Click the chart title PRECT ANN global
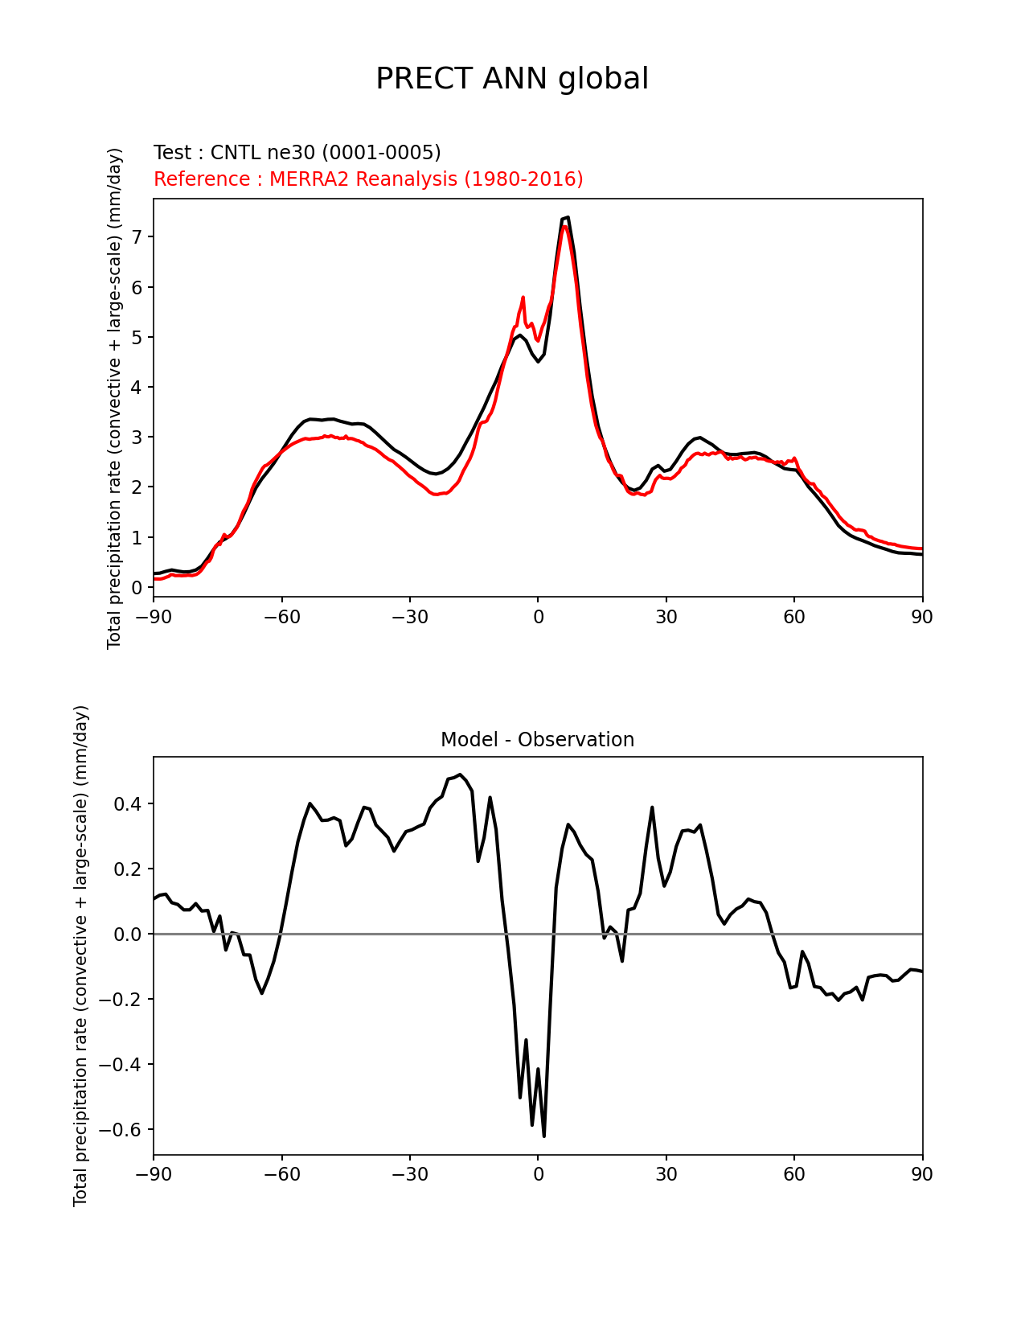[x=512, y=79]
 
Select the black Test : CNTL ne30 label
[x=297, y=153]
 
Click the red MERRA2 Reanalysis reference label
[x=368, y=179]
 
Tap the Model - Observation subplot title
[x=537, y=740]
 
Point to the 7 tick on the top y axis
[x=137, y=236]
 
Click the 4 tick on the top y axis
[x=137, y=387]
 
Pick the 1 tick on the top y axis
[x=137, y=537]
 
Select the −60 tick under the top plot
[x=281, y=617]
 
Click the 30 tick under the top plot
[x=666, y=617]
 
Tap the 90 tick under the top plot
[x=922, y=617]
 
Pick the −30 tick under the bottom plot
[x=409, y=1174]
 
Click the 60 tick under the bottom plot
[x=794, y=1174]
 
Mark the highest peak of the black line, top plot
[x=568, y=217]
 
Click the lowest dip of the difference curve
[x=544, y=1136]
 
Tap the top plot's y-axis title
[x=115, y=398]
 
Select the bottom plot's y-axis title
[x=81, y=955]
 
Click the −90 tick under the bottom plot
[x=154, y=1174]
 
